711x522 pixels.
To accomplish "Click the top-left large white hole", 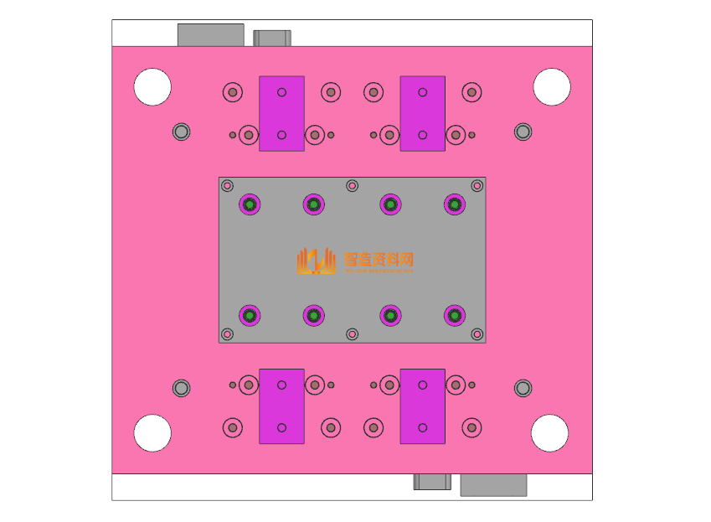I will coord(152,86).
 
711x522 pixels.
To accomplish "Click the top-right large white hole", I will coord(552,86).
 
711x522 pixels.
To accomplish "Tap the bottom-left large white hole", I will coord(152,432).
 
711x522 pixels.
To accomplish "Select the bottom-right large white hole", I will coord(550,432).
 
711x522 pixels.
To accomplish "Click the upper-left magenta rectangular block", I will coord(281,113).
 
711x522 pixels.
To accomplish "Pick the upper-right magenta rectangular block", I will coord(422,113).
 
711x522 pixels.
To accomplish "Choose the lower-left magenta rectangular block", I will coord(281,406).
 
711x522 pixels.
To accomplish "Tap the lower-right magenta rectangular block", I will coord(422,406).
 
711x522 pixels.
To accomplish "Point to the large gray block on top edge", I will coord(210,34).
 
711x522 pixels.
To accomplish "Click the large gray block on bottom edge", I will coord(493,485).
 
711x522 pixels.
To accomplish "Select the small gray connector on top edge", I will coord(272,38).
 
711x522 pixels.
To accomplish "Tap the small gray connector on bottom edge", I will coord(432,482).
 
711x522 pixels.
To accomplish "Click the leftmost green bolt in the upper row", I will coord(250,204).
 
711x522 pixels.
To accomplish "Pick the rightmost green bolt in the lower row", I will coord(454,315).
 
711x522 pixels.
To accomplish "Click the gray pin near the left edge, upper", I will coord(181,132).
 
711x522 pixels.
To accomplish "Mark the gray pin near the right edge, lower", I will coord(523,388).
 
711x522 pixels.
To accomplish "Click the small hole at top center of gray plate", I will coord(352,185).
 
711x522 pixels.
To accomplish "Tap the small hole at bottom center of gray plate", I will coord(352,334).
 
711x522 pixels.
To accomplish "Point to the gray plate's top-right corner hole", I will coord(477,185).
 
